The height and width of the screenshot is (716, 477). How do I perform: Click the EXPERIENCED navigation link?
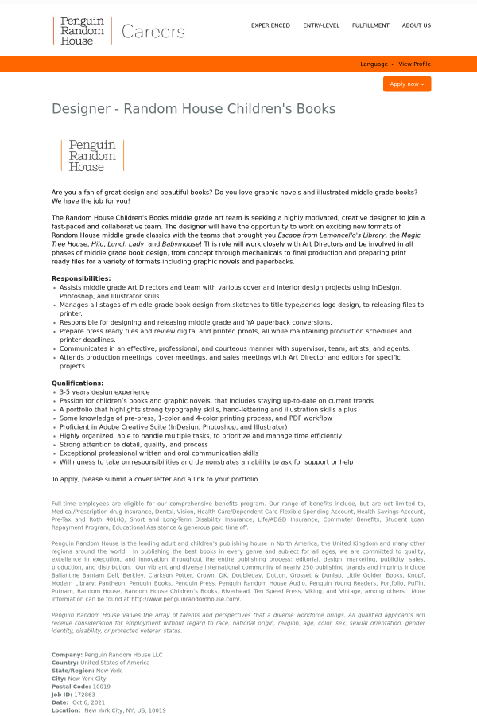click(x=270, y=25)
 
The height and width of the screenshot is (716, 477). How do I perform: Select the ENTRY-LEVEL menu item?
click(x=321, y=25)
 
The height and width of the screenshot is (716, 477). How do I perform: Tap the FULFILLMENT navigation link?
click(x=370, y=25)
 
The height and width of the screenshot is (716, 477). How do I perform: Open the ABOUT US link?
click(x=417, y=25)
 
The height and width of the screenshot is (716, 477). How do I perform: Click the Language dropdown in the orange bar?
click(x=376, y=64)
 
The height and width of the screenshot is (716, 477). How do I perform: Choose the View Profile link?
click(x=414, y=64)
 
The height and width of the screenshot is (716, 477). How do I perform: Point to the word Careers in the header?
click(x=153, y=32)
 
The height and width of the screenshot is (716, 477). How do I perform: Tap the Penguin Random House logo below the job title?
click(x=92, y=156)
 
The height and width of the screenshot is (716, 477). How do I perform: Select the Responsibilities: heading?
click(x=81, y=278)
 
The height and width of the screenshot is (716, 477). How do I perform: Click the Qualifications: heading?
click(x=78, y=383)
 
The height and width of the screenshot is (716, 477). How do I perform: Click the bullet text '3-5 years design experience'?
click(x=104, y=392)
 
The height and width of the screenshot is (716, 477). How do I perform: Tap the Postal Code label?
click(x=70, y=687)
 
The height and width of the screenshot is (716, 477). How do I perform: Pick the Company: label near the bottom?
click(x=67, y=655)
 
